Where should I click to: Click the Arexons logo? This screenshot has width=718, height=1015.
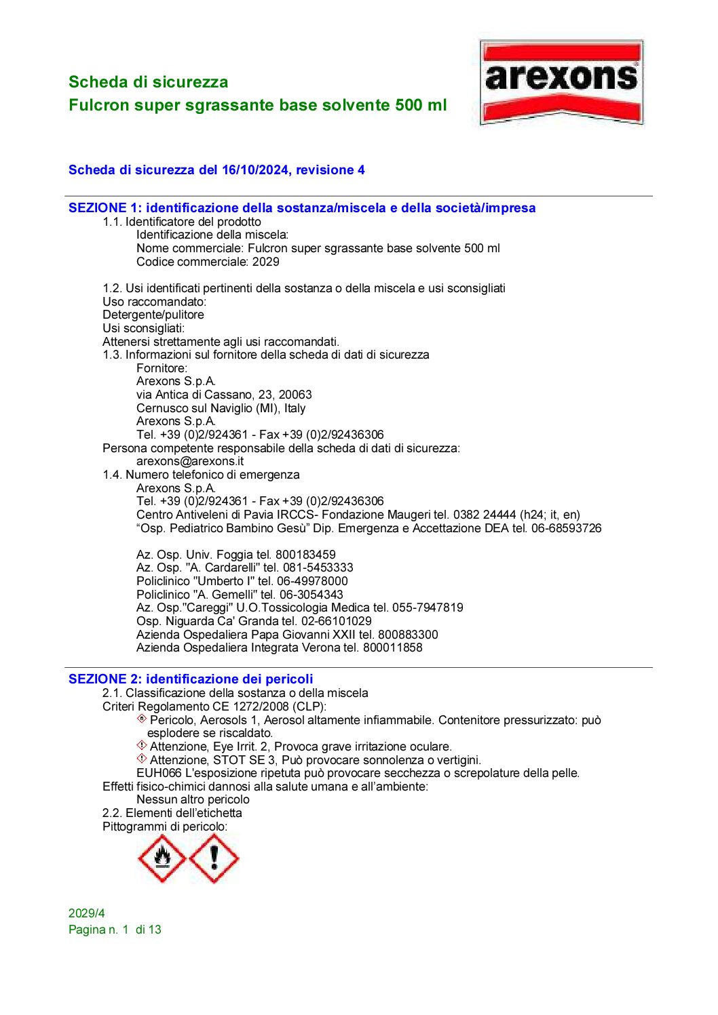click(561, 83)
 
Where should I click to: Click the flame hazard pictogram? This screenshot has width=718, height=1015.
click(162, 858)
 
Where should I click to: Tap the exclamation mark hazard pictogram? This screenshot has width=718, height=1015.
click(214, 858)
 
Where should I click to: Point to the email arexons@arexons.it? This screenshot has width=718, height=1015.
click(189, 461)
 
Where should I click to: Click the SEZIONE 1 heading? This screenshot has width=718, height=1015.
click(302, 208)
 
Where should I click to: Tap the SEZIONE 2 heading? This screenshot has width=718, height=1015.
click(191, 679)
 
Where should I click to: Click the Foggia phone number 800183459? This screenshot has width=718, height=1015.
click(305, 555)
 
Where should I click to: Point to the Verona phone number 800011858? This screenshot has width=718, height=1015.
click(392, 648)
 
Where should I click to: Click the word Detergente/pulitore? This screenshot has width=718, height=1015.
click(153, 315)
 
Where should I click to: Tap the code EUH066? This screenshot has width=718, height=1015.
click(159, 773)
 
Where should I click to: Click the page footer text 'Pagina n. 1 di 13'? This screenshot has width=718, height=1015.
click(115, 930)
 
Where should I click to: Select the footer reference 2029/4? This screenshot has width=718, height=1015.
click(87, 913)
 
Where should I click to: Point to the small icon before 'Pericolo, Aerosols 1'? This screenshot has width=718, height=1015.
click(142, 719)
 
